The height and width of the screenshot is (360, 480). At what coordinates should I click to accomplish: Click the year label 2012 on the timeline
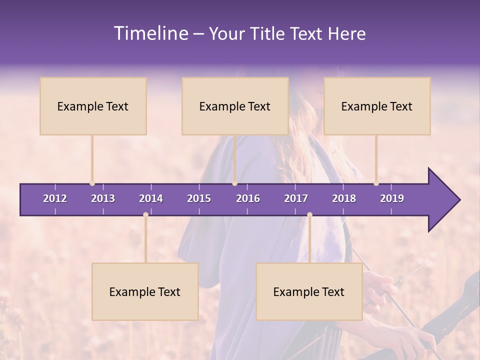[x=55, y=198]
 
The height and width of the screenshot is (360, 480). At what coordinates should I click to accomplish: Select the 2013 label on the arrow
[x=103, y=198]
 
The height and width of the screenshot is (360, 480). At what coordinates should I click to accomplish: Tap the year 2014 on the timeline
[x=151, y=198]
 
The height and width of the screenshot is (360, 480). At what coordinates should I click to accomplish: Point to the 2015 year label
[x=199, y=198]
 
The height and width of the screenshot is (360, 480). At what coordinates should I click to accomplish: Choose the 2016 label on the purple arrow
[x=248, y=198]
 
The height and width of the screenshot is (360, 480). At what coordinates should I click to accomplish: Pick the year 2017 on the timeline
[x=296, y=198]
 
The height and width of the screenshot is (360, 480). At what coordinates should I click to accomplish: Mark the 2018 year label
[x=344, y=198]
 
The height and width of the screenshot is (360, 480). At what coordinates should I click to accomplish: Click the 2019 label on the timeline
[x=392, y=198]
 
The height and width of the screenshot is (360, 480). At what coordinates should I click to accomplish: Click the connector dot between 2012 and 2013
[x=92, y=183]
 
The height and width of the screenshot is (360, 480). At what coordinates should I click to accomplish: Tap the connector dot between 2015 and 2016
[x=235, y=183]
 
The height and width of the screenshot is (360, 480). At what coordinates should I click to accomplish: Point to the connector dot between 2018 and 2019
[x=376, y=183]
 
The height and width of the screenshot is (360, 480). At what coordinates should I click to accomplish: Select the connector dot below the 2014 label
[x=145, y=215]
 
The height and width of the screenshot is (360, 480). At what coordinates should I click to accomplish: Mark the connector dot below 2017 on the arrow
[x=309, y=215]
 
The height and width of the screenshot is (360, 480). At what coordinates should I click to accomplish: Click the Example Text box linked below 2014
[x=145, y=291]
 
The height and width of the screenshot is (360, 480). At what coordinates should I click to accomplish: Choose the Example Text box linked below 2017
[x=309, y=291]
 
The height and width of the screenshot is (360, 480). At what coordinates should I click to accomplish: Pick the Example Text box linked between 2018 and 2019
[x=377, y=106]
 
